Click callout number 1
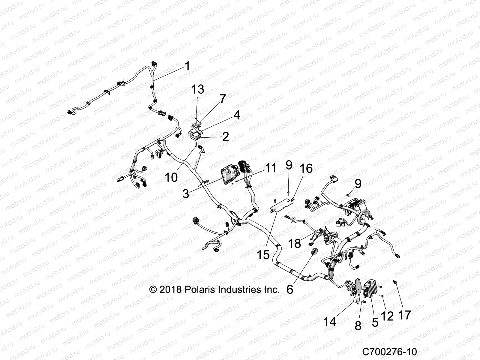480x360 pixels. [x=187, y=66]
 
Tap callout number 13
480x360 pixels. [x=198, y=89]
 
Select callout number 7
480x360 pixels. [x=222, y=99]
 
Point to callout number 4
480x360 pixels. [x=237, y=115]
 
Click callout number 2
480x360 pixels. [x=226, y=137]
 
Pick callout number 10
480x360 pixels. [x=171, y=177]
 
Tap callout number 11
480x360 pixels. [x=271, y=168]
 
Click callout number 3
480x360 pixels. [x=186, y=193]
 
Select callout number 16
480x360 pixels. [x=306, y=169]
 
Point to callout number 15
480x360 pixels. [x=263, y=255]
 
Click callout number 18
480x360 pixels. [x=295, y=243]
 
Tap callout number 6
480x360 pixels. [x=289, y=289]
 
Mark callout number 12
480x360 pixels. [x=387, y=316]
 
